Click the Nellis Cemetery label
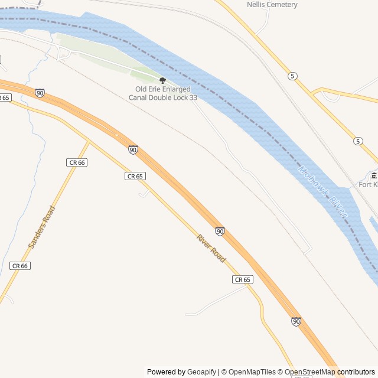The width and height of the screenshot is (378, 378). click(x=272, y=5)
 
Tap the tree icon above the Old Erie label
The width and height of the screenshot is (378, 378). click(x=162, y=80)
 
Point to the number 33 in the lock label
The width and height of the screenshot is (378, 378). click(x=193, y=97)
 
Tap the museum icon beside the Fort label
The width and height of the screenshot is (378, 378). click(x=374, y=176)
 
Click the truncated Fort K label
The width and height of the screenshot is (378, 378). click(x=368, y=185)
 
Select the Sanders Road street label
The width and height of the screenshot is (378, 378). click(x=41, y=227)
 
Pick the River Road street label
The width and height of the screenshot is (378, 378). click(x=211, y=249)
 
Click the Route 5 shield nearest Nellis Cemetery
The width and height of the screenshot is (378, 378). click(x=292, y=76)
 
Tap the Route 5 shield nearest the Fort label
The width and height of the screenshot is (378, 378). click(x=358, y=141)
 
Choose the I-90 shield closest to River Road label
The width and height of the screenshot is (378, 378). click(x=220, y=231)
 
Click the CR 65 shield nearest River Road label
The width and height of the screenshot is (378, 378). click(x=242, y=279)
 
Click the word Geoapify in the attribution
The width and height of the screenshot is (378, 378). click(x=201, y=372)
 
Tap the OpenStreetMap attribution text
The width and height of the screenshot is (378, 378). click(x=309, y=372)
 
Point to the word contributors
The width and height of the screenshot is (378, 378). click(x=356, y=372)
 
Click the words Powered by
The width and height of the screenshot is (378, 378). click(x=166, y=372)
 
